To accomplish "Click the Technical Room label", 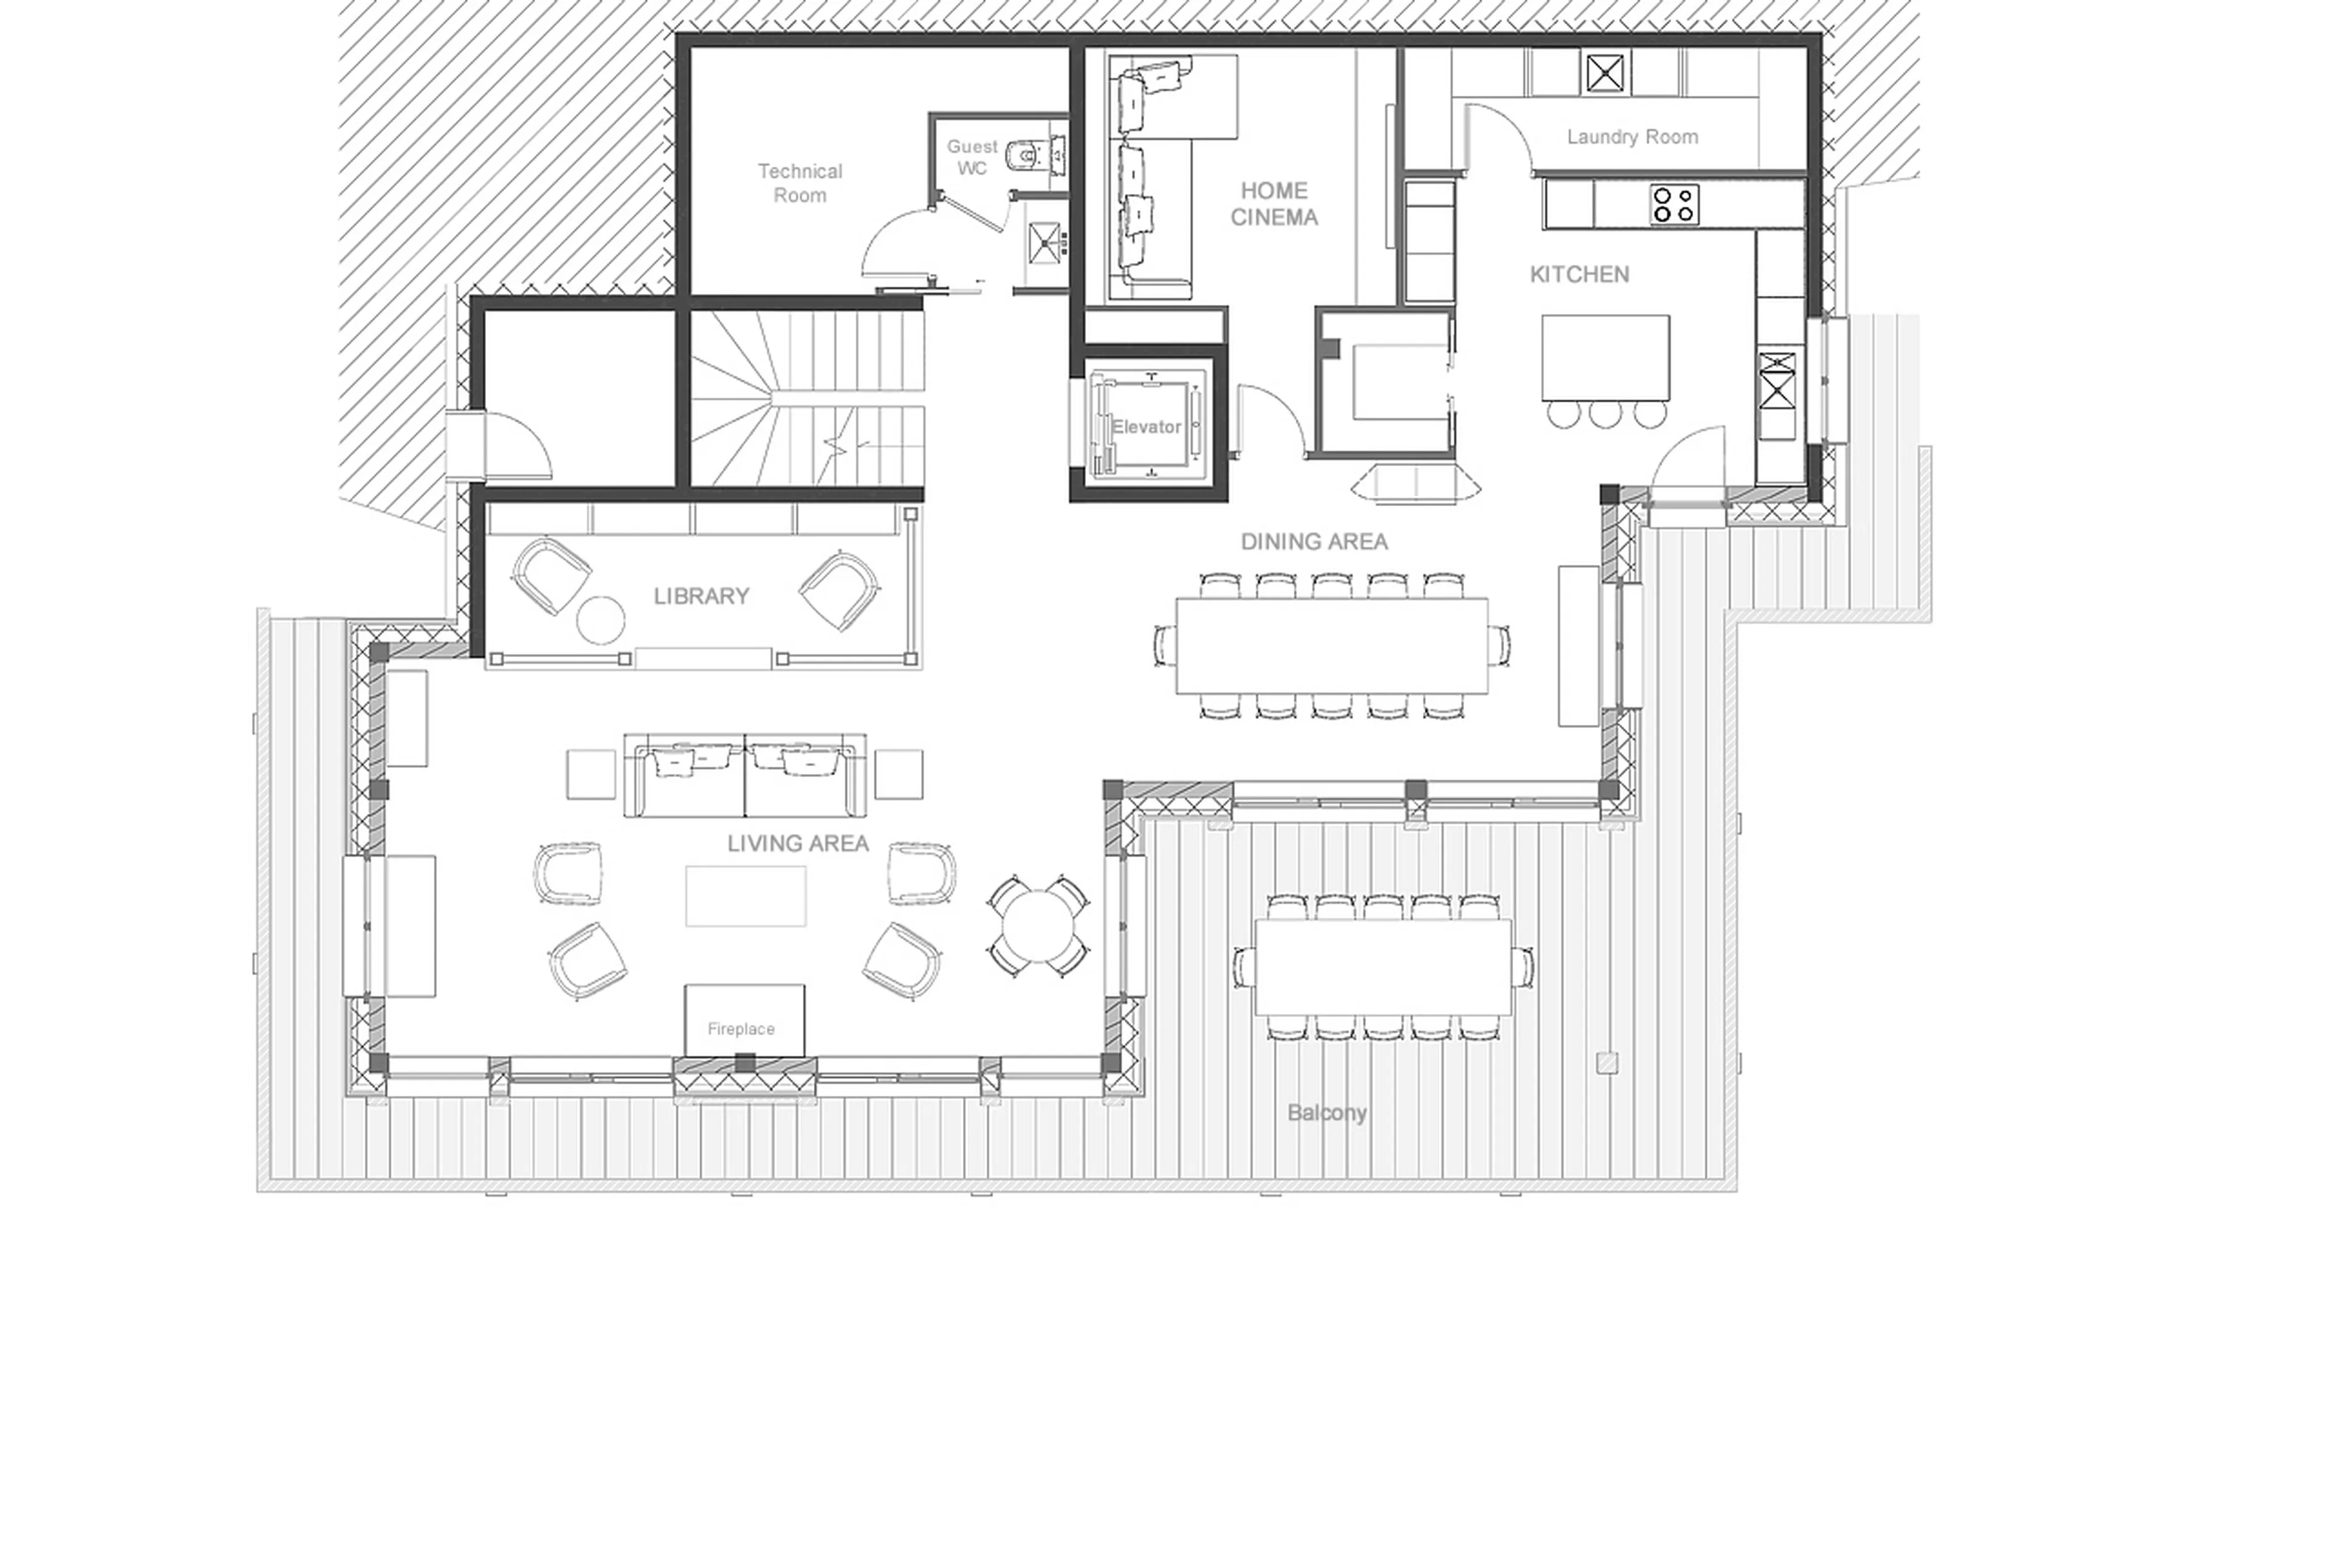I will [x=799, y=183].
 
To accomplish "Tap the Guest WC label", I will [x=971, y=157].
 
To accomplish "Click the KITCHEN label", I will [x=1579, y=274].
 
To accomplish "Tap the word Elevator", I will [x=1145, y=426].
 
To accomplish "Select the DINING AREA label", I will [x=1313, y=541].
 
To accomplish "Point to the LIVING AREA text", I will [x=797, y=842].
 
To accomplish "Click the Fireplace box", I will [x=744, y=1019].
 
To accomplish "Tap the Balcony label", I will [x=1325, y=1112].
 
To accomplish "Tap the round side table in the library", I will [x=601, y=620].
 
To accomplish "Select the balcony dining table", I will [x=1382, y=966].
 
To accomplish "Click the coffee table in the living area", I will [x=745, y=895].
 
